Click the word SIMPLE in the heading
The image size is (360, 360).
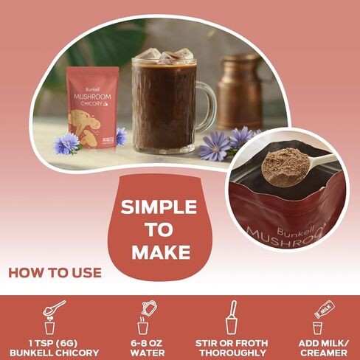(x=159, y=207)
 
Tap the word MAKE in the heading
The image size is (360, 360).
(x=159, y=253)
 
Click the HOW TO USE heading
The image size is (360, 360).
(x=55, y=273)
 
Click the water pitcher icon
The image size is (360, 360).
(x=145, y=316)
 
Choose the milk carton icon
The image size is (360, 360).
(x=321, y=316)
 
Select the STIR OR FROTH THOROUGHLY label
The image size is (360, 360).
(x=232, y=348)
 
